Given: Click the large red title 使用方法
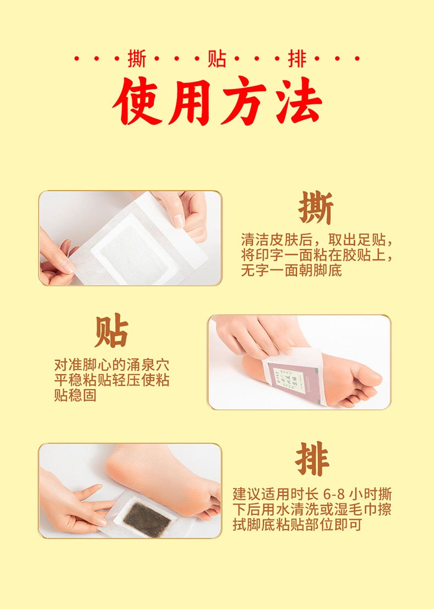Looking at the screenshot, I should coord(217,102).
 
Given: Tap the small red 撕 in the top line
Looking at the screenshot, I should coord(137,59).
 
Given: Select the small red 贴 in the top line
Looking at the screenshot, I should coord(216,59).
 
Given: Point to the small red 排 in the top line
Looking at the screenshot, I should coord(297,59).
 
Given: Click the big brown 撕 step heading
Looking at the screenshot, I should coord(316,209).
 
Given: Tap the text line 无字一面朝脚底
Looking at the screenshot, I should coord(291,270).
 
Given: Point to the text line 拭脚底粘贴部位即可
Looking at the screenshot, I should coord(297,524).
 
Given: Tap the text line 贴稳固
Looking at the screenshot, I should coord(75,395).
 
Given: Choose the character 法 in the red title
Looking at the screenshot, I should coord(298,102).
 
